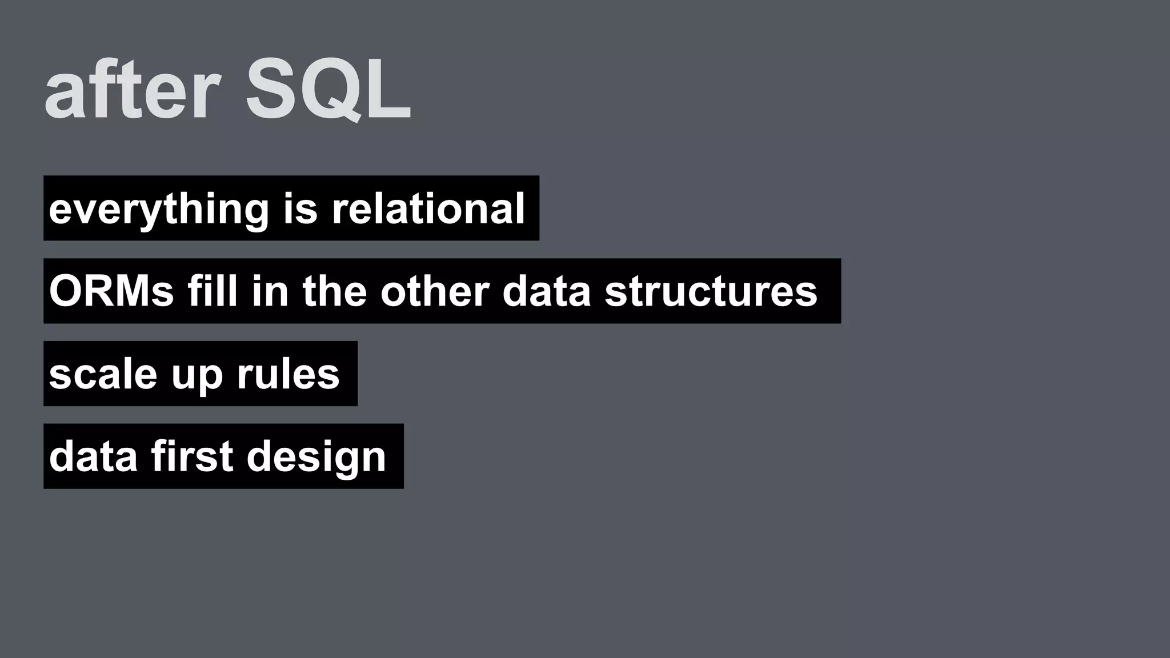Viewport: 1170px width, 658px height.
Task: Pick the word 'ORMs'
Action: point(111,291)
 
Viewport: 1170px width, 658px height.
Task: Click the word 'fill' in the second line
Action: point(212,291)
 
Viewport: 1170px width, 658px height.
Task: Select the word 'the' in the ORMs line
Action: point(334,291)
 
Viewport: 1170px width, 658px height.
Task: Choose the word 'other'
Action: point(435,291)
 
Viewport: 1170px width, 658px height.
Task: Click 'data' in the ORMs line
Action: point(546,291)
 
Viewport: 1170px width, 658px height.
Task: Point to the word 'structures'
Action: point(711,291)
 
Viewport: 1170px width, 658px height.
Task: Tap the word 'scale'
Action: point(103,375)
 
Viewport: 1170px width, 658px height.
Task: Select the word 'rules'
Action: point(288,375)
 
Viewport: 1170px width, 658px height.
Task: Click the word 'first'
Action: point(192,457)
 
